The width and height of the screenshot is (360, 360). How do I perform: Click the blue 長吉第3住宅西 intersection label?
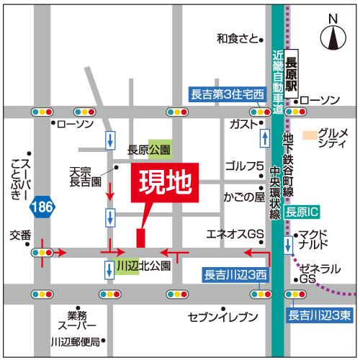click(228, 94)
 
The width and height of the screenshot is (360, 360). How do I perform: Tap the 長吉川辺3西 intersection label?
click(234, 275)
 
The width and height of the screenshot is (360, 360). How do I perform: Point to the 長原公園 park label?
click(149, 150)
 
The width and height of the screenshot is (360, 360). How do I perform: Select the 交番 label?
click(20, 235)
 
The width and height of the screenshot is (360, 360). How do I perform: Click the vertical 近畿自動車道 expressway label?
click(278, 79)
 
